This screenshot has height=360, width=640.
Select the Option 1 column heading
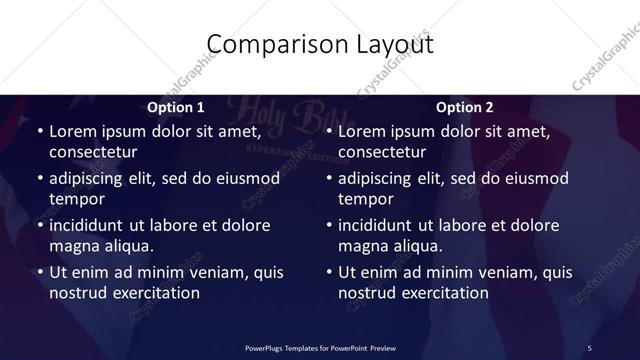[175, 106]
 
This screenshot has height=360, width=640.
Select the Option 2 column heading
[464, 106]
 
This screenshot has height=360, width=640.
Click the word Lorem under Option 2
[362, 131]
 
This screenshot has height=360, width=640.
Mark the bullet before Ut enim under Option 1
[39, 272]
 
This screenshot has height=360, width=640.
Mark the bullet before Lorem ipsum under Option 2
[328, 131]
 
